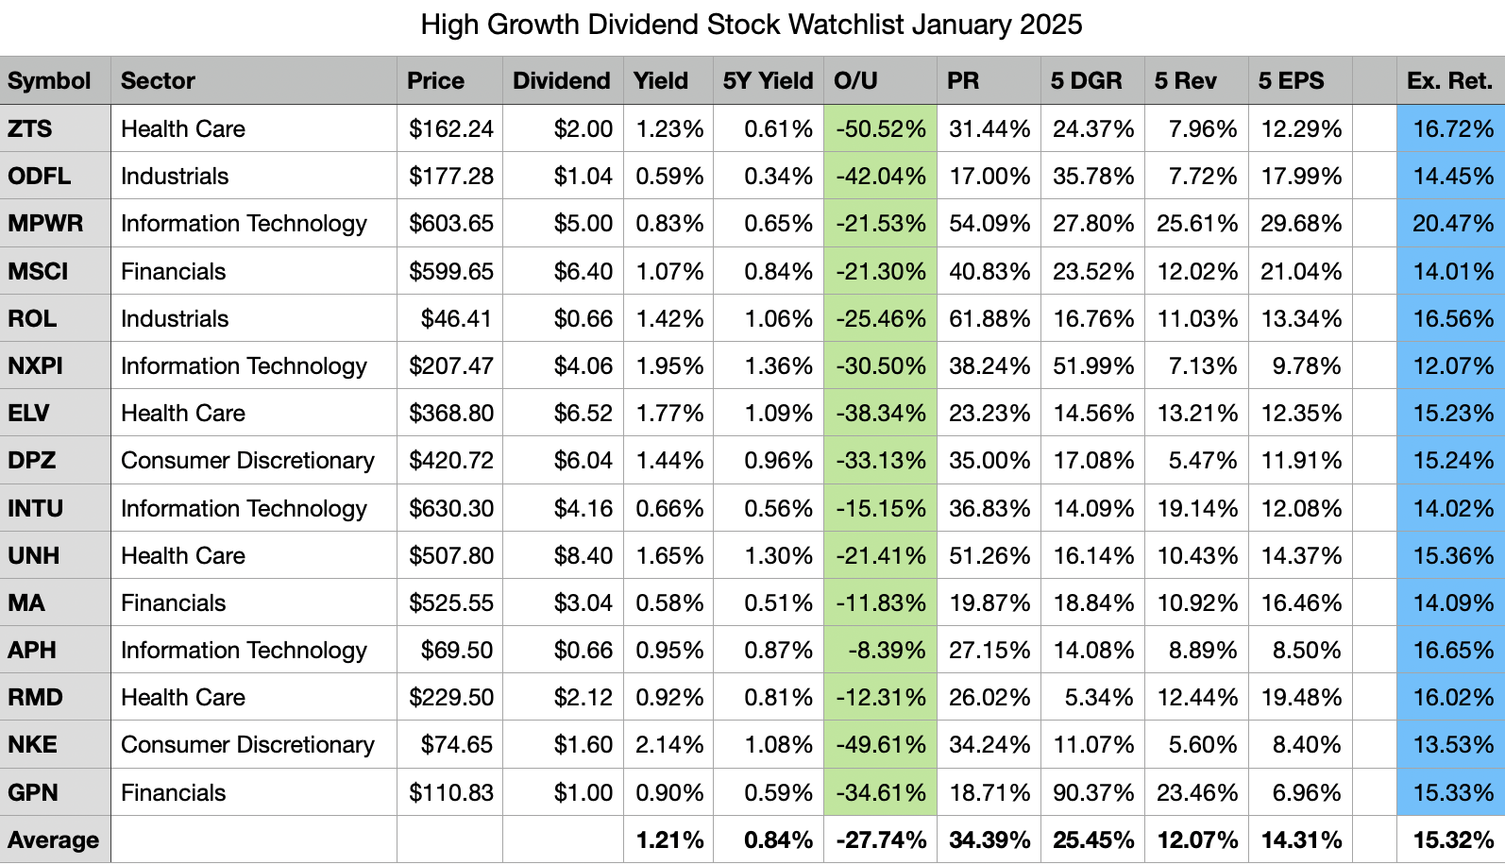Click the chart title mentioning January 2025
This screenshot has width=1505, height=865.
[x=752, y=25]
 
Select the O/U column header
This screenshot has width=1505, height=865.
[x=855, y=81]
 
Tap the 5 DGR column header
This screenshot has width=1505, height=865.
[x=1086, y=81]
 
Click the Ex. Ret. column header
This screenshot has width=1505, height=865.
[x=1449, y=81]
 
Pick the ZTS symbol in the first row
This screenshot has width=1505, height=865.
[x=30, y=129]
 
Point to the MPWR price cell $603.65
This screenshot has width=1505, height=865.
[x=450, y=224]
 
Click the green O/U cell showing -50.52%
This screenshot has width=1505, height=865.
[x=880, y=129]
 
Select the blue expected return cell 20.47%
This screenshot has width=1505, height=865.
[x=1452, y=224]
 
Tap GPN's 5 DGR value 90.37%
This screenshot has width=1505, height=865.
[x=1092, y=793]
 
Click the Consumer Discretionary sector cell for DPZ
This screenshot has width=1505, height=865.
[x=247, y=461]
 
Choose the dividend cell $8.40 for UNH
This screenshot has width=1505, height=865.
[x=583, y=556]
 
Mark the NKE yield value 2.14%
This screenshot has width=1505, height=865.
[x=669, y=745]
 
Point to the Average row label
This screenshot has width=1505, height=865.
[x=53, y=840]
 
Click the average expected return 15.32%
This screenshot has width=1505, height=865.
[x=1452, y=840]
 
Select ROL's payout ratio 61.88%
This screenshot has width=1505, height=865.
[x=989, y=319]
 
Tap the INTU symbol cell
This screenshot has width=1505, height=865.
[x=36, y=509]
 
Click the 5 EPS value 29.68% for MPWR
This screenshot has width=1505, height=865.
[x=1300, y=224]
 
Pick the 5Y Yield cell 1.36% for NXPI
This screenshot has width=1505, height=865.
[x=778, y=366]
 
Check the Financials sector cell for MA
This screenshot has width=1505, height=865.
[x=174, y=603]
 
